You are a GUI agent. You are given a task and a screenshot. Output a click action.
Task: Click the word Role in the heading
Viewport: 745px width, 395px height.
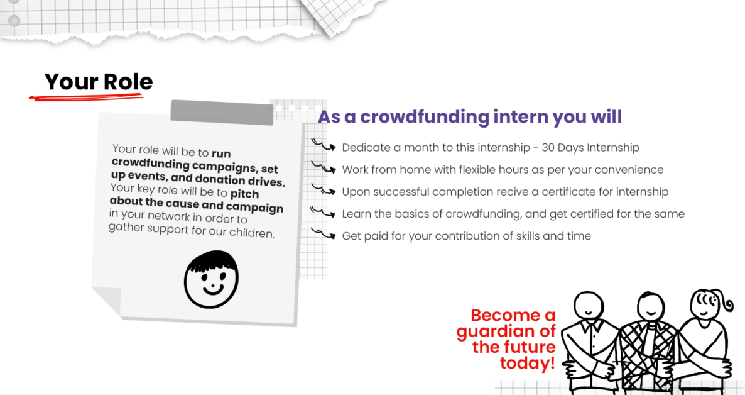tap(128, 82)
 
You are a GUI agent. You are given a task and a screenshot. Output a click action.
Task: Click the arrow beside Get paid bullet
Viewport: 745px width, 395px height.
tap(324, 234)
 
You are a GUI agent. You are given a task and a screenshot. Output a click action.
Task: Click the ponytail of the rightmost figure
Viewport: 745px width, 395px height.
tap(726, 304)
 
